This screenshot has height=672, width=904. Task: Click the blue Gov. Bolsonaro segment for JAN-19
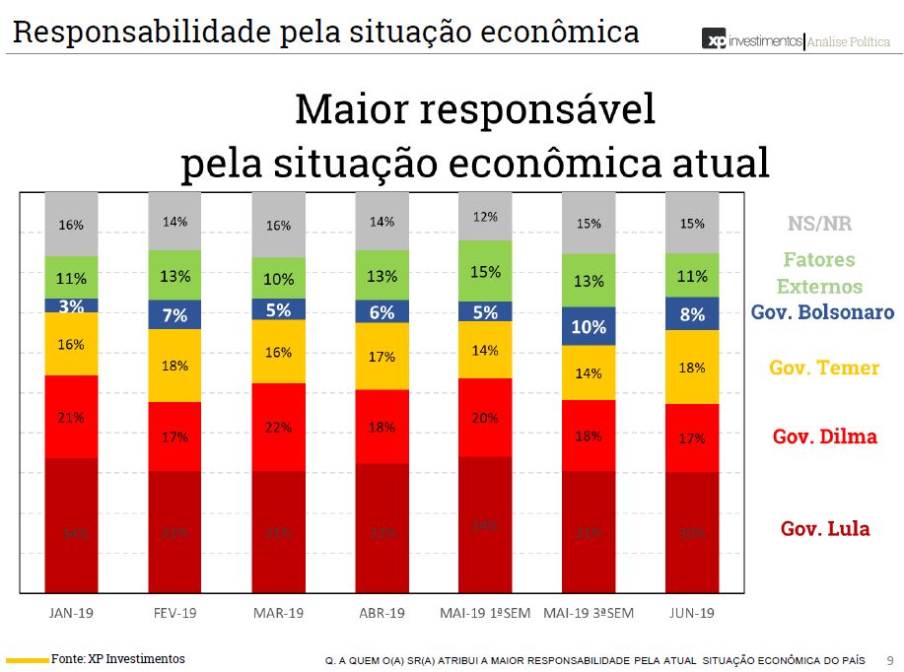(71, 305)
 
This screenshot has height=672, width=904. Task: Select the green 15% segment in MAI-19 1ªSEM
(485, 271)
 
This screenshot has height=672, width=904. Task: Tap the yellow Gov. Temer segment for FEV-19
(174, 365)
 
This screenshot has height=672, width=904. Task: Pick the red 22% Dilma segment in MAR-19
(278, 426)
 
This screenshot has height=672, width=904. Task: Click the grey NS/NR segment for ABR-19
(382, 222)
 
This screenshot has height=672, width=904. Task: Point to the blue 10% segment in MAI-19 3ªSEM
(589, 326)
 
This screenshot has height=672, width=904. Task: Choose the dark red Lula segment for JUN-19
(692, 532)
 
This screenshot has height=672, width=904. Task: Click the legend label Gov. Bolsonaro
(822, 312)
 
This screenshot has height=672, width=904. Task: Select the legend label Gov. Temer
(824, 368)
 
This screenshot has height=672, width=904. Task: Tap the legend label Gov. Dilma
(824, 437)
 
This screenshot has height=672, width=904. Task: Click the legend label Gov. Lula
(825, 529)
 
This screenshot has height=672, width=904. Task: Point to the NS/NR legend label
(819, 224)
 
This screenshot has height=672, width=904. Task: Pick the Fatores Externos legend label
(819, 273)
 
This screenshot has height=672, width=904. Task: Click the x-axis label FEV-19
(174, 613)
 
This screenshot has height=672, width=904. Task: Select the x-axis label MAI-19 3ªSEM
(589, 613)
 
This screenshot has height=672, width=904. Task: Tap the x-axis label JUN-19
(692, 613)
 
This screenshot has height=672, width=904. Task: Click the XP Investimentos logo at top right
(751, 40)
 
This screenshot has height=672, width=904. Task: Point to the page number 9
(890, 660)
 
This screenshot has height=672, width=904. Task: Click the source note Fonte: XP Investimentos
(117, 658)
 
